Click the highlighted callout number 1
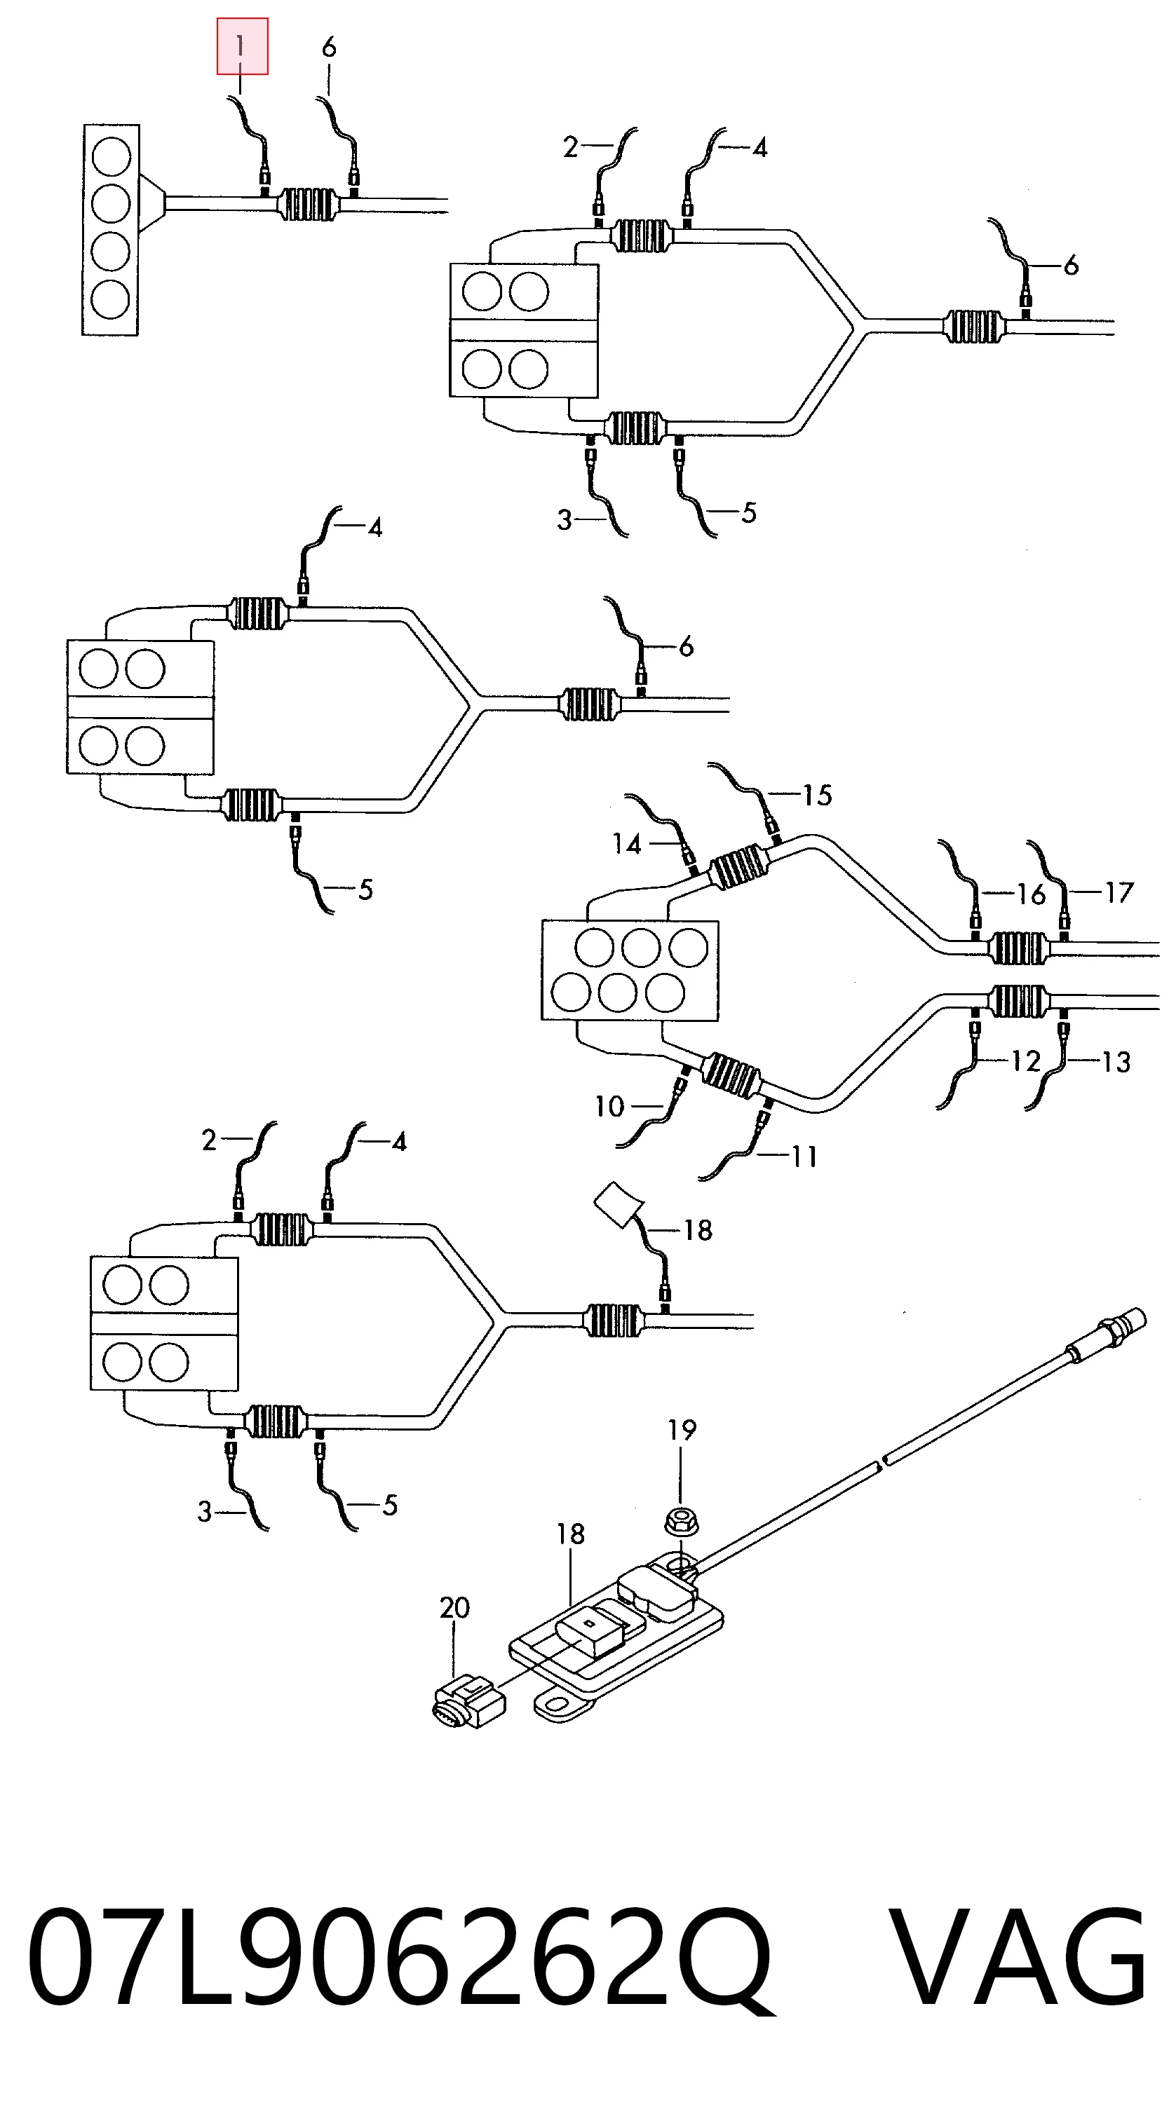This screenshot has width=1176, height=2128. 241,46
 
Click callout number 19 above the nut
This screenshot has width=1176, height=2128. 682,1430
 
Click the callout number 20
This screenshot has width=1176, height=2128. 454,1608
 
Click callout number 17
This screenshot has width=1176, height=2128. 1118,893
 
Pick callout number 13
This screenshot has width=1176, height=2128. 1116,1061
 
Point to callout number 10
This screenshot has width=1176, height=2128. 610,1106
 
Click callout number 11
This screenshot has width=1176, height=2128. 804,1157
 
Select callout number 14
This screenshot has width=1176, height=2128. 627,844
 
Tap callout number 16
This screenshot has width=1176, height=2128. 1031,894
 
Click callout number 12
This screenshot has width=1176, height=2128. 1026,1060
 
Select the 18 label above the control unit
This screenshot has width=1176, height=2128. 570,1534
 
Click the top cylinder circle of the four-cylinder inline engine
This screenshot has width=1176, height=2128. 111,156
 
